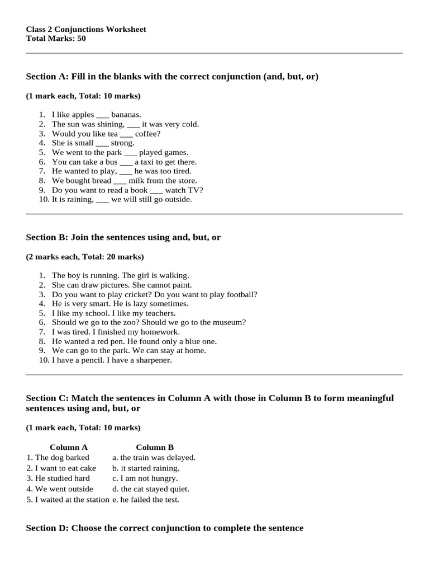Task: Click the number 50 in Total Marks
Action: click(81, 39)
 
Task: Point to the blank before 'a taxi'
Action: click(126, 162)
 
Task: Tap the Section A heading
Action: click(172, 76)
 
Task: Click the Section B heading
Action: click(123, 237)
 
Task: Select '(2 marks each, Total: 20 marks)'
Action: click(85, 257)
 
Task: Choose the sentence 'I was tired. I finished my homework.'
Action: click(116, 332)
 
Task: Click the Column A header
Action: click(69, 447)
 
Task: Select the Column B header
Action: click(155, 447)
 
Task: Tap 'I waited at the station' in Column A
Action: click(71, 500)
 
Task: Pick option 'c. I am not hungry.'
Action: click(145, 478)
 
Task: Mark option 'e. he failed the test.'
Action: click(146, 500)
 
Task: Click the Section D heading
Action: click(165, 528)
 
